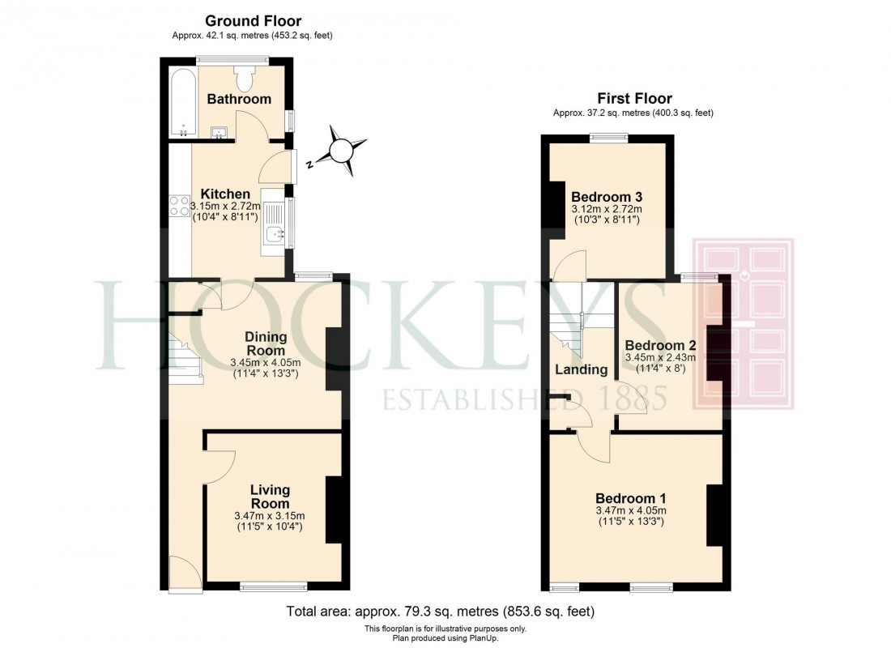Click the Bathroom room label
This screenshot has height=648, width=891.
[238, 99]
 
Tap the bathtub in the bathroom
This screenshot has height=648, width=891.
[181, 103]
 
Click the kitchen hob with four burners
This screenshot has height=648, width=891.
[178, 207]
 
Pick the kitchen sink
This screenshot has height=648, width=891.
[274, 233]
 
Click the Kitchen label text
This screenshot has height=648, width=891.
[225, 194]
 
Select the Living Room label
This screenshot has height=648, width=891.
[269, 497]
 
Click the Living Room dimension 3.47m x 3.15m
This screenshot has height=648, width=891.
[269, 516]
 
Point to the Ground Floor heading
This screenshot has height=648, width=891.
[253, 21]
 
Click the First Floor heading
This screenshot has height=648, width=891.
[634, 99]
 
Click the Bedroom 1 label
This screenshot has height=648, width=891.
[630, 498]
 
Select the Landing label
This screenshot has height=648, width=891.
[581, 369]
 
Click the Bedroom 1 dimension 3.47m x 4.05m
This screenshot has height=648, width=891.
[630, 511]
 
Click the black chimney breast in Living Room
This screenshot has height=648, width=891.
[334, 510]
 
